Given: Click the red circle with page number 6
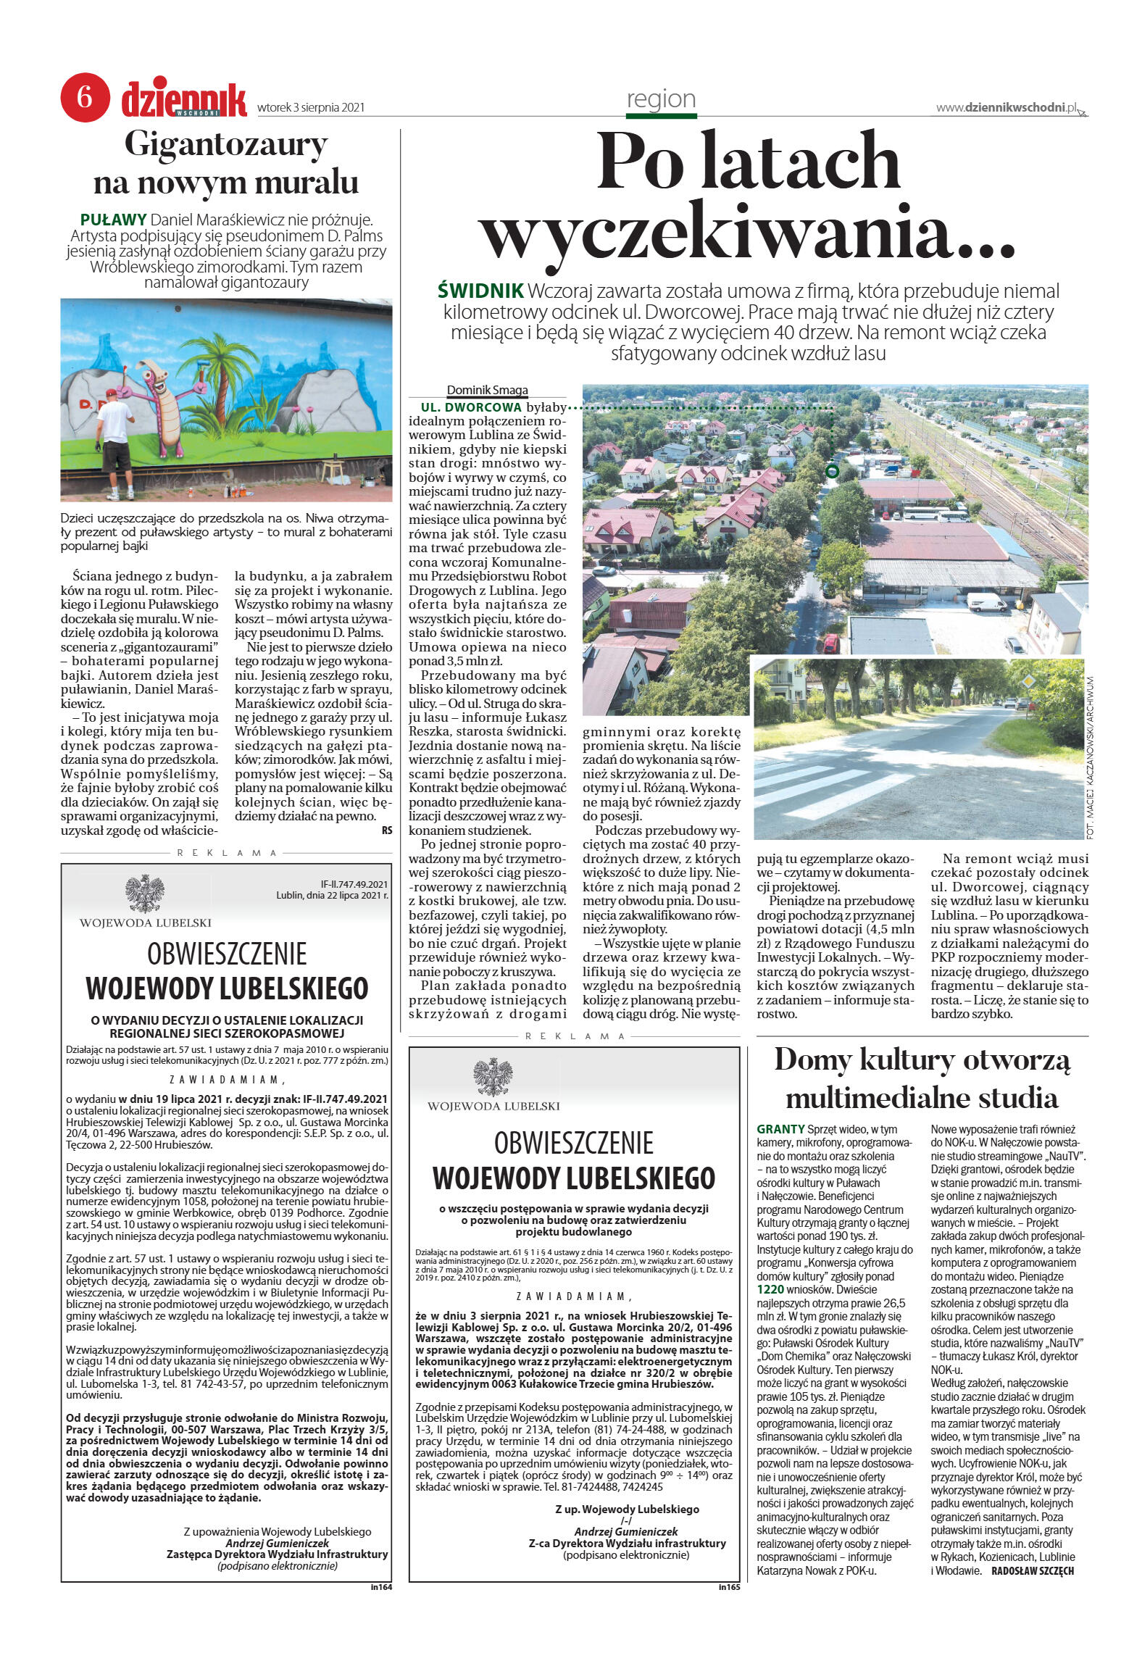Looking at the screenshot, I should click(85, 97).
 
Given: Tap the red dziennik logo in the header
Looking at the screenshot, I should click(184, 99).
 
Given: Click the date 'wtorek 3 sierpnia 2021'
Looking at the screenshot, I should click(311, 108).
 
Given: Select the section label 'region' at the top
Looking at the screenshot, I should click(661, 99).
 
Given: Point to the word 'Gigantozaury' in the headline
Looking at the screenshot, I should click(226, 144).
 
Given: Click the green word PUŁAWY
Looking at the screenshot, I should click(113, 219).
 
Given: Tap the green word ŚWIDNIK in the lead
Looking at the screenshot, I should click(480, 291).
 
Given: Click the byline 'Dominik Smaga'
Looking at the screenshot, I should click(487, 390).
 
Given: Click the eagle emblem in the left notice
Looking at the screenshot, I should click(145, 893).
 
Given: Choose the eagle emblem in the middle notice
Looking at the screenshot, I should click(493, 1076).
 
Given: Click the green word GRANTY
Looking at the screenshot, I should click(780, 1129).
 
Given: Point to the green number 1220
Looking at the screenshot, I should click(770, 1289).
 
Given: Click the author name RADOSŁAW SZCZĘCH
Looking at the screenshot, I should click(1032, 1570).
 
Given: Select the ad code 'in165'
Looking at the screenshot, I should click(728, 1587).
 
